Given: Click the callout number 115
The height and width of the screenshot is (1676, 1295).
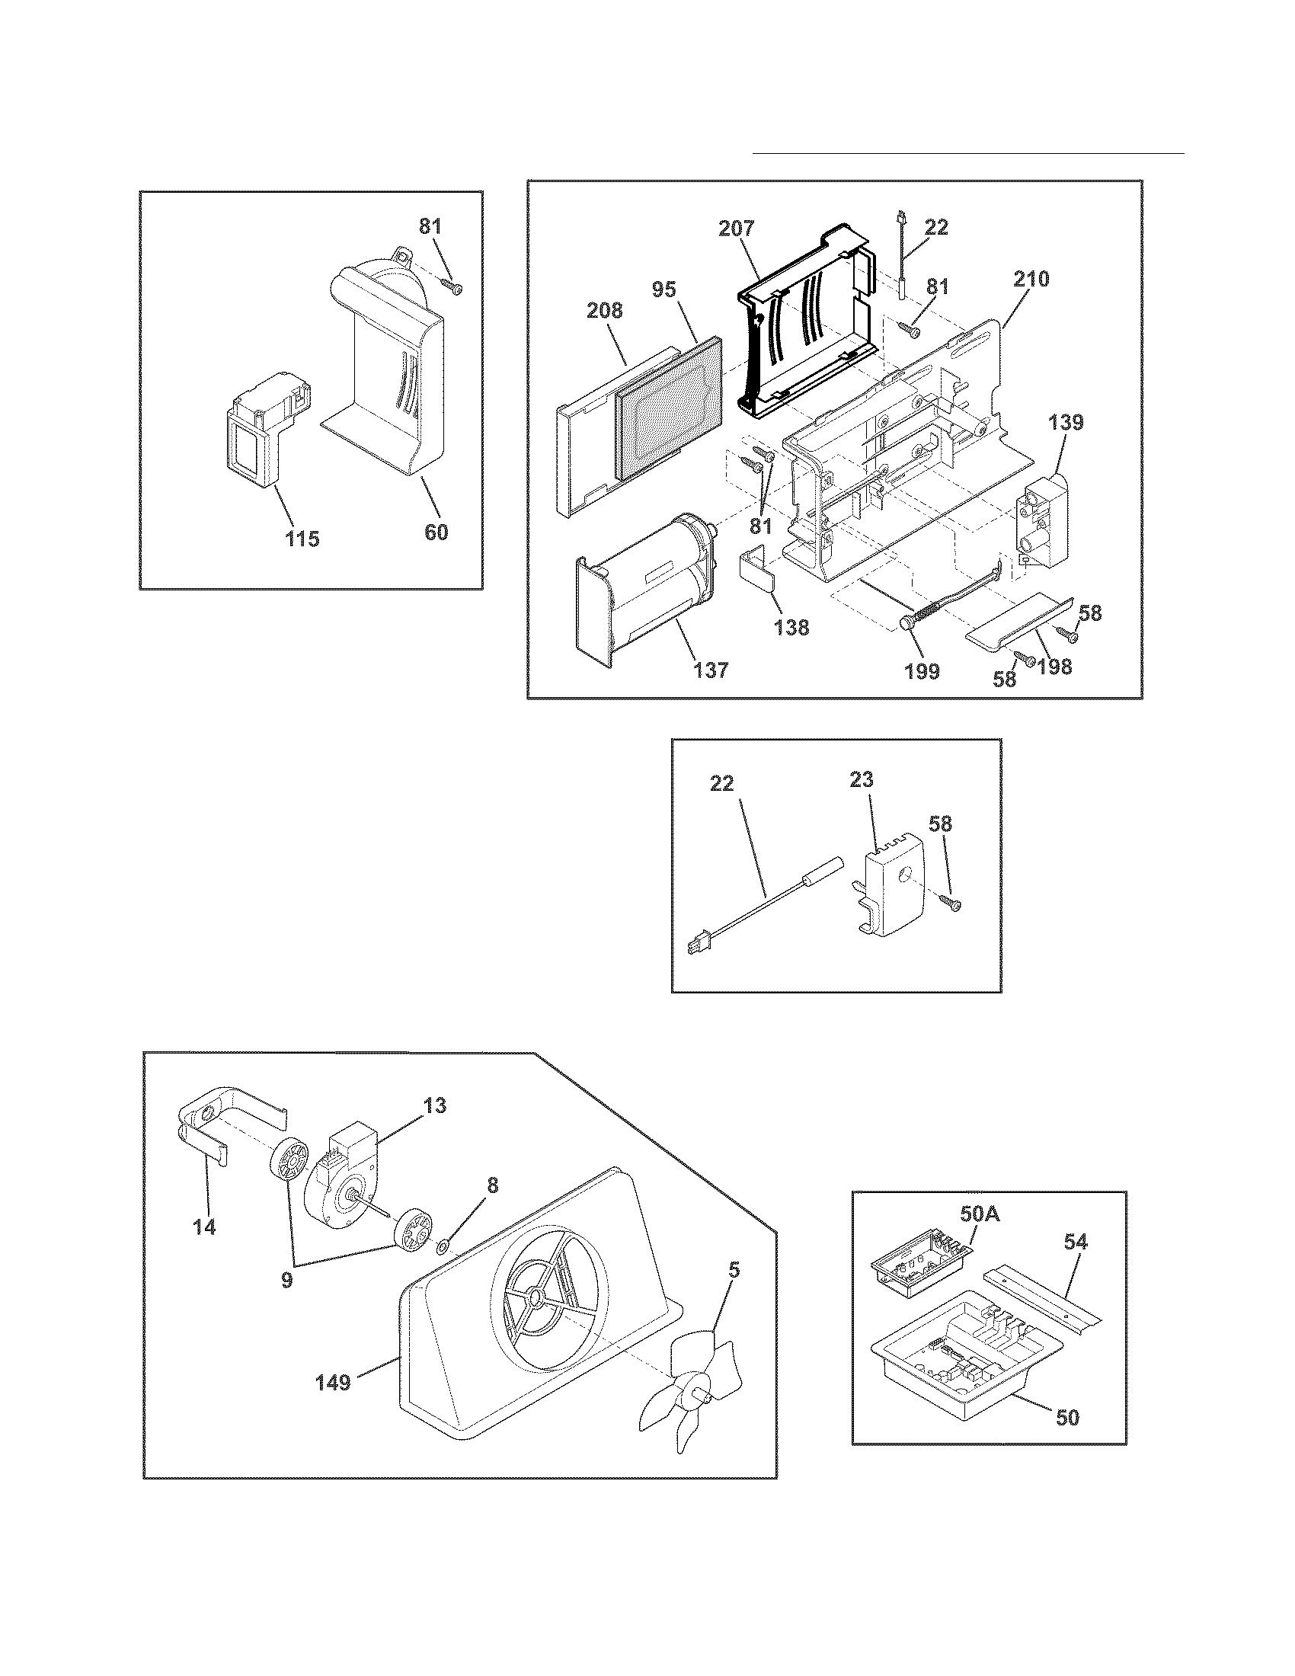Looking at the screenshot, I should click(302, 539).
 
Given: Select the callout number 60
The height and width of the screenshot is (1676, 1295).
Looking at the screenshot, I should click(436, 531).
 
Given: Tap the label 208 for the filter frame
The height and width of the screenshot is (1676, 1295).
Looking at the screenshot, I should click(605, 311).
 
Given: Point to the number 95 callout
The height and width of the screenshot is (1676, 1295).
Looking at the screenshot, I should click(664, 289).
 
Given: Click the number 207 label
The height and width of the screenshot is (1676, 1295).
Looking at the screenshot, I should click(737, 229).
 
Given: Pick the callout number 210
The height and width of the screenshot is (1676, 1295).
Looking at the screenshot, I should click(1031, 280).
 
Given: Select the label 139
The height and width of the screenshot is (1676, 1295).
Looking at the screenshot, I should click(1066, 422).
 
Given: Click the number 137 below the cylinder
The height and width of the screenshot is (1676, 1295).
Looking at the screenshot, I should click(711, 670).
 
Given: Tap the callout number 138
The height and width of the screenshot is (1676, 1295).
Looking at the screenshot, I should click(791, 627).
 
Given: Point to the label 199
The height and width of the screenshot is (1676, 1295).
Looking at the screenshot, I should click(922, 671).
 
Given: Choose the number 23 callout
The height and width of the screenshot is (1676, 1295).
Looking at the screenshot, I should click(862, 779).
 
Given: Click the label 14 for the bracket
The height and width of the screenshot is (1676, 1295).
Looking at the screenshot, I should click(204, 1227).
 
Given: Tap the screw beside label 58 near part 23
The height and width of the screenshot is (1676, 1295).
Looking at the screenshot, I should click(953, 905).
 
